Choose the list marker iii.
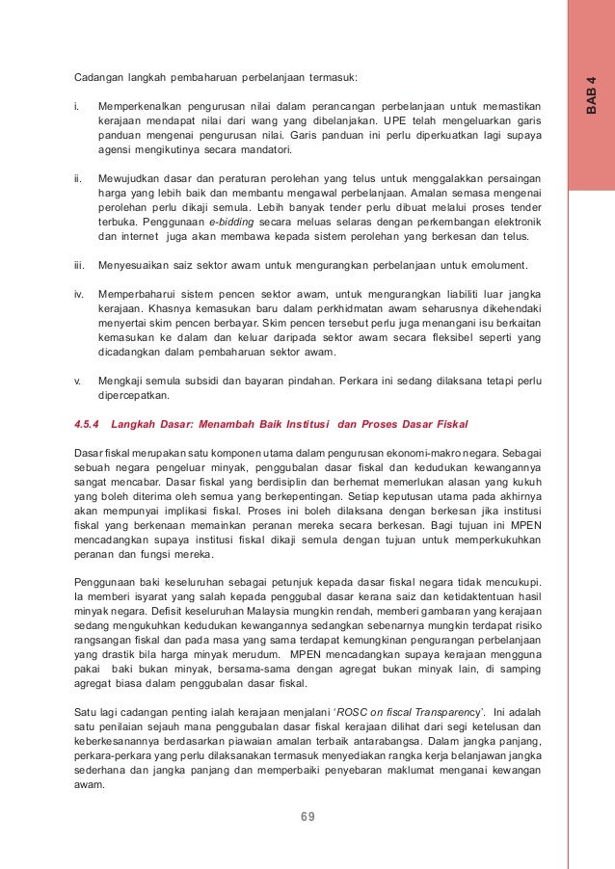[79, 265]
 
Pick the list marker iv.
[79, 290]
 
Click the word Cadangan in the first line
[101, 76]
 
